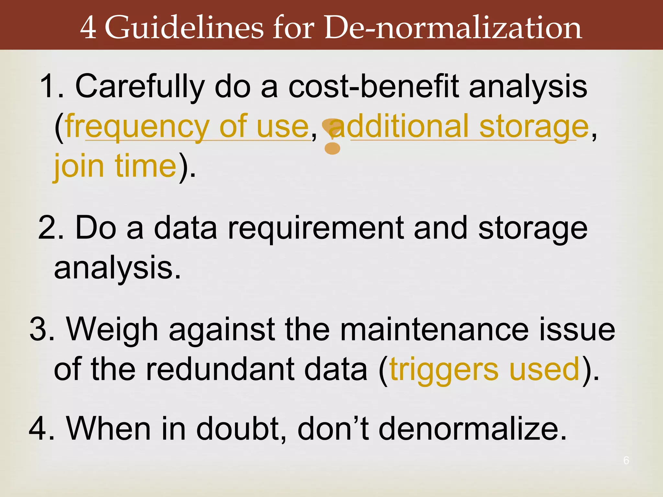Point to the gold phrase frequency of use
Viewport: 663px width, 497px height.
click(187, 127)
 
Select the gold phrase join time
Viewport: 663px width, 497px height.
click(115, 166)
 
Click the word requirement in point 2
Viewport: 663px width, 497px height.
click(316, 228)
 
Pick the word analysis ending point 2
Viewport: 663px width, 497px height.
click(117, 268)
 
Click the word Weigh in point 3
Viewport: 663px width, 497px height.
click(112, 329)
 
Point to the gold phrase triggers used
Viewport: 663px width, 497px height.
click(484, 370)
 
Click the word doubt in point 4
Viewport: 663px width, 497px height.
click(242, 429)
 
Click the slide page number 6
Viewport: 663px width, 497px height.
click(626, 460)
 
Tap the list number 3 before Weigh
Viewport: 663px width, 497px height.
click(41, 329)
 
